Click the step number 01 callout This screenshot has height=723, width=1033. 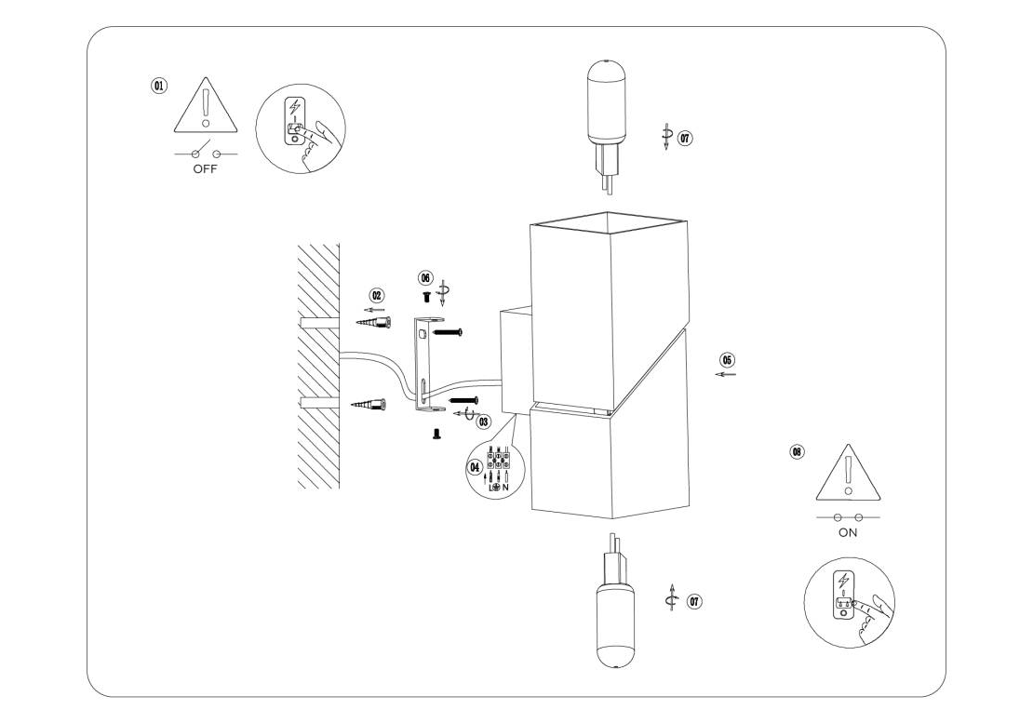click(x=159, y=86)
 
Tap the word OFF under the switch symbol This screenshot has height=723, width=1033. click(x=205, y=169)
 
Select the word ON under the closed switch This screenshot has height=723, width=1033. click(x=848, y=532)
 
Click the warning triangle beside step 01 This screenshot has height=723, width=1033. click(x=207, y=104)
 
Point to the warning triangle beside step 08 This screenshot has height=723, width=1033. click(x=849, y=472)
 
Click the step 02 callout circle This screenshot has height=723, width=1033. click(x=377, y=296)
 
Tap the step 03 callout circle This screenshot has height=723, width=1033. click(x=484, y=421)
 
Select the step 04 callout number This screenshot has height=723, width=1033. click(x=475, y=467)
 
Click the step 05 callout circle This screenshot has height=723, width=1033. click(x=728, y=359)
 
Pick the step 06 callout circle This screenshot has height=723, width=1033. click(x=425, y=278)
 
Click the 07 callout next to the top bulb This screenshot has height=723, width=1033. click(x=686, y=138)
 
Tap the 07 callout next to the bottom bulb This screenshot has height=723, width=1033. click(x=694, y=601)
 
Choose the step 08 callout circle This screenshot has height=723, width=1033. click(x=798, y=451)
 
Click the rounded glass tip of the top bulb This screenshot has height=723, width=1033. click(x=606, y=69)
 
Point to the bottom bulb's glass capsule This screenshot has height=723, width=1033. click(x=615, y=624)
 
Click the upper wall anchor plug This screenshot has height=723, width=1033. click(x=373, y=322)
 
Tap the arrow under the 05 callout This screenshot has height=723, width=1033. click(x=725, y=375)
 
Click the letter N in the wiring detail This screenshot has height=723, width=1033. click(x=505, y=488)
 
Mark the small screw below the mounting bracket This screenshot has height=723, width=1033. click(x=436, y=434)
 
